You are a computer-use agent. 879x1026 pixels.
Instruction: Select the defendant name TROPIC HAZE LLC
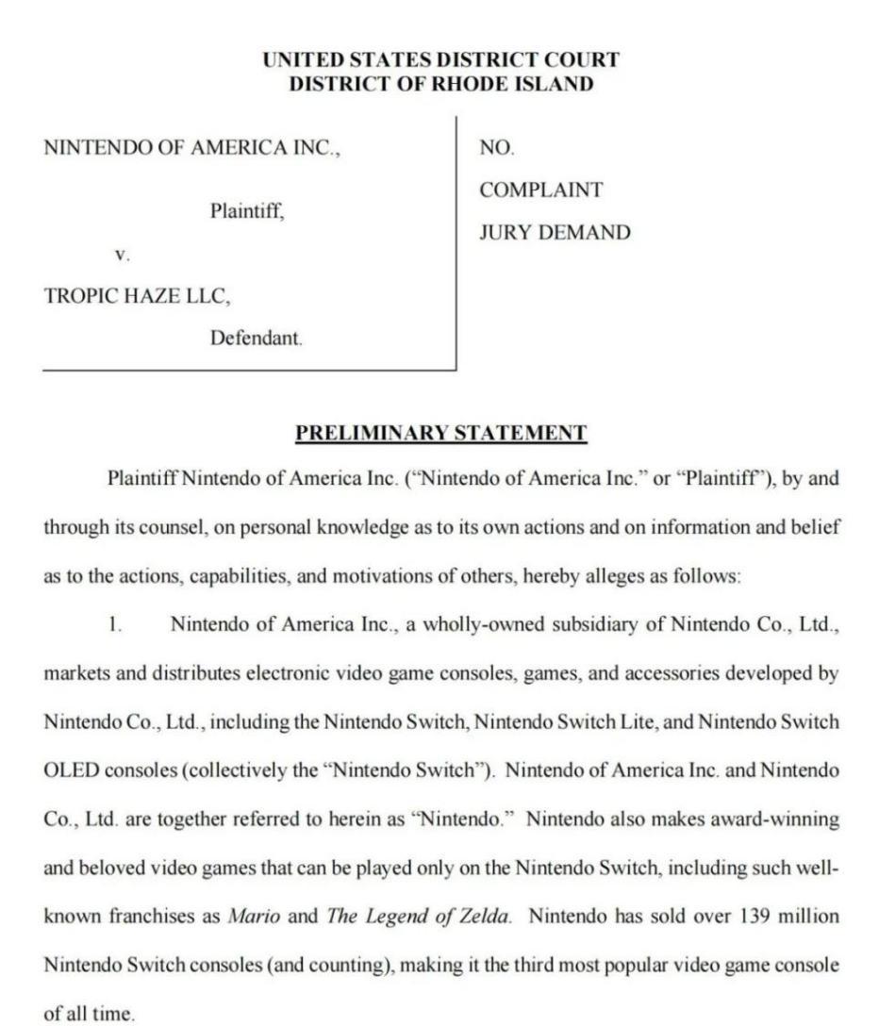[137, 296]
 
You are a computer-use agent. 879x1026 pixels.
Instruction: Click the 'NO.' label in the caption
[497, 148]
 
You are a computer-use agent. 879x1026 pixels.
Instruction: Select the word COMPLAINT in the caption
[540, 190]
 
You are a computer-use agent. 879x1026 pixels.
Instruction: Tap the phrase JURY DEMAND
[555, 233]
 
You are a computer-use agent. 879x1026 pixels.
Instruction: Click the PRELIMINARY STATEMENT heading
[440, 433]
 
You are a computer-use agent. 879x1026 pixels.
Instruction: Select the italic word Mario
[254, 916]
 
